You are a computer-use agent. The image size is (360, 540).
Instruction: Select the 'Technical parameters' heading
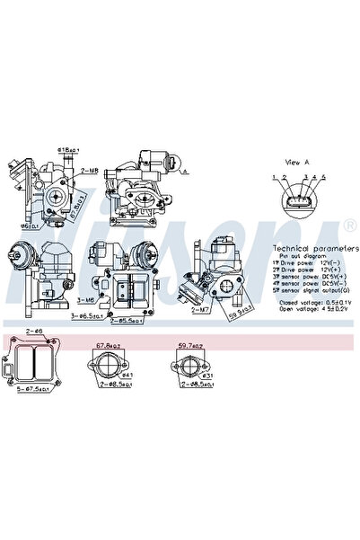tap(307, 247)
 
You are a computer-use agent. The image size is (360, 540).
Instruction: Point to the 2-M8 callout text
tap(90, 169)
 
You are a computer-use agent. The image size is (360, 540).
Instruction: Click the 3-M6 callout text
tap(86, 300)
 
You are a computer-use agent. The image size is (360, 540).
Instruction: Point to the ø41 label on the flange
tap(127, 375)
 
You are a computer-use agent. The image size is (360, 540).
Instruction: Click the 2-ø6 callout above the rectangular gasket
tap(33, 332)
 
